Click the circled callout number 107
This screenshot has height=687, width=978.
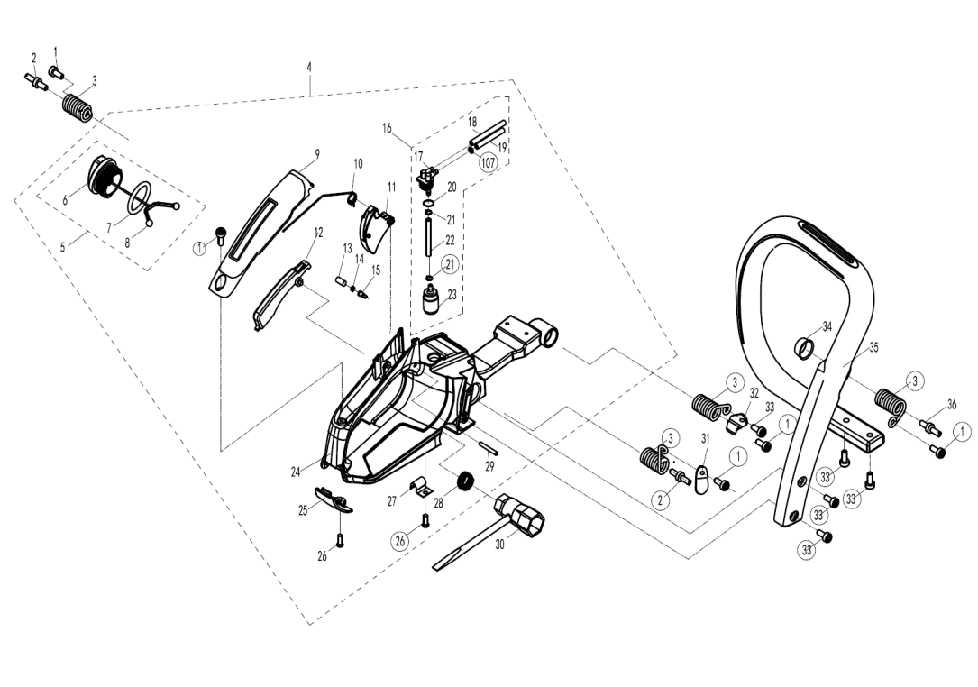[x=488, y=163]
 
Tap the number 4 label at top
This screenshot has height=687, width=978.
[x=309, y=66]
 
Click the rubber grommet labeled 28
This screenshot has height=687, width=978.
[x=465, y=481]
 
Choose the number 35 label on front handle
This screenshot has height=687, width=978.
[x=873, y=347]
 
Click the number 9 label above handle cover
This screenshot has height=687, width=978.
[x=317, y=153]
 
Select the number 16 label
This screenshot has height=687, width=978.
[x=388, y=128]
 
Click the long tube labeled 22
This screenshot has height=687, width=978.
[x=429, y=235]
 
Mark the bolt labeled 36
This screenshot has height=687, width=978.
[x=929, y=426]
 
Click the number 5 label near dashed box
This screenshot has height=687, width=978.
[x=62, y=246]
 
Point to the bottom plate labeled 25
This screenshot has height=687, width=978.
[x=334, y=499]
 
